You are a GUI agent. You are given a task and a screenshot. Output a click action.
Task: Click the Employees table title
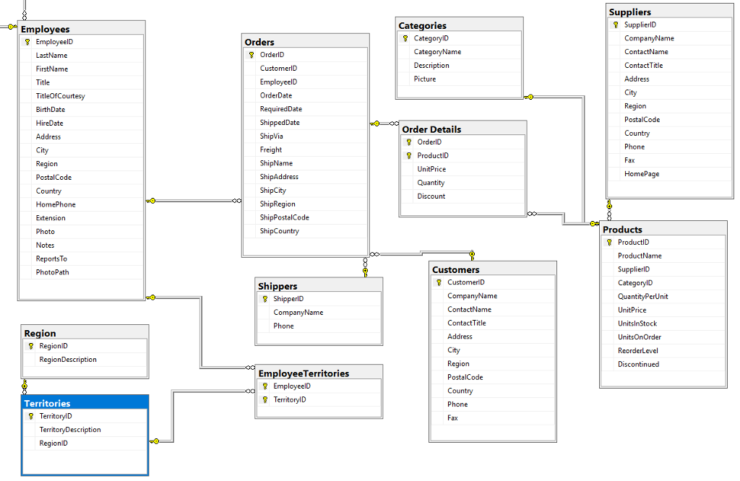(x=46, y=29)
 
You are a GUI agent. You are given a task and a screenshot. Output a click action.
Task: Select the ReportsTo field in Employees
(x=51, y=259)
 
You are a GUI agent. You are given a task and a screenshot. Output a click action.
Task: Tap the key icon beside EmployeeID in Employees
(x=27, y=42)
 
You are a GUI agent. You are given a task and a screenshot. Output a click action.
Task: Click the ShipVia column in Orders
(x=272, y=136)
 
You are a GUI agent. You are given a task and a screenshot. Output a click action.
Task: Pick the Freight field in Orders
(x=271, y=149)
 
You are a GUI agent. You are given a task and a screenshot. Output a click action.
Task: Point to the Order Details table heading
(x=431, y=129)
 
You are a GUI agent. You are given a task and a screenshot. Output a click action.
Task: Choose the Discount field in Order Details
(x=431, y=196)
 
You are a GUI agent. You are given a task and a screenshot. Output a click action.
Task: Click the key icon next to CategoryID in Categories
(x=405, y=38)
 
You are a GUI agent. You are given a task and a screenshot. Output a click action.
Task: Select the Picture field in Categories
(x=425, y=79)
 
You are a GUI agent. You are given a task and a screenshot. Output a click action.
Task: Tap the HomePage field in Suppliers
(x=642, y=173)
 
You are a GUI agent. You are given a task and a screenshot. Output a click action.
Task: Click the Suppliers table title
(x=630, y=12)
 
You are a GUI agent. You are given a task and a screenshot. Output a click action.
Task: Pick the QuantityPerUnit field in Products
(x=642, y=296)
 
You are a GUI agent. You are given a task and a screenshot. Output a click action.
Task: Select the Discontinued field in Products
(x=638, y=364)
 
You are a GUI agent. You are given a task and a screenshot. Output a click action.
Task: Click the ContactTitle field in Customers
(x=467, y=323)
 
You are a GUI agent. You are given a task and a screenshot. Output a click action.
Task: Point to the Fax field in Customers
(x=452, y=417)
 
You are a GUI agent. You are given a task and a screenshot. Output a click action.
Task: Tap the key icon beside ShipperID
(x=265, y=299)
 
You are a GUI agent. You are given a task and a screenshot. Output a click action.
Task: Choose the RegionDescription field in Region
(x=68, y=359)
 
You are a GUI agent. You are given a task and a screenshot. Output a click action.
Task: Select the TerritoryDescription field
(x=70, y=429)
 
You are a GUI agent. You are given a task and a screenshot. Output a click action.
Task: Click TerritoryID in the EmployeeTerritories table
(x=290, y=399)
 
